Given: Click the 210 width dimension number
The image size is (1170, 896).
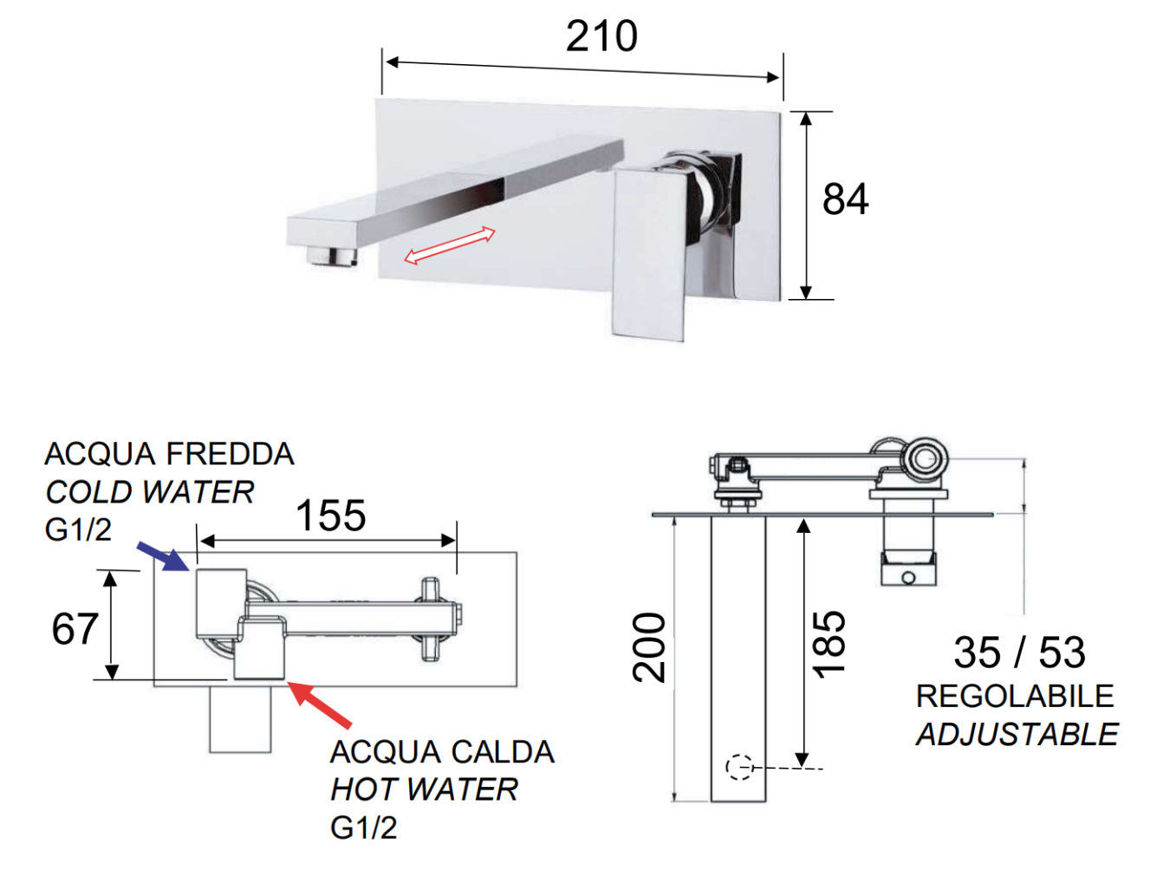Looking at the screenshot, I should click(601, 36).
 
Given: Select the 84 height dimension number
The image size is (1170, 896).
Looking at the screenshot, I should click(845, 199).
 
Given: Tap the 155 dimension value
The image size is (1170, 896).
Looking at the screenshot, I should click(331, 516).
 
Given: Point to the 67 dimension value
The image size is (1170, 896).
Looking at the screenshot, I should click(75, 629).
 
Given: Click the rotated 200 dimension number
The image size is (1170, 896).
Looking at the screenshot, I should click(649, 647).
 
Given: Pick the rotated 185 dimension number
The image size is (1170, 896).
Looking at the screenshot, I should click(829, 644).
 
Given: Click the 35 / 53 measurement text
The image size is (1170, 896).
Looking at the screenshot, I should click(1019, 653).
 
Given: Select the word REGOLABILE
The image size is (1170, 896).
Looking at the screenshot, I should click(1015, 696).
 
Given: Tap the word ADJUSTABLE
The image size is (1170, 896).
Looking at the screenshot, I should click(1017, 735).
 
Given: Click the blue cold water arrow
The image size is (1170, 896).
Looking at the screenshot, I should click(163, 555).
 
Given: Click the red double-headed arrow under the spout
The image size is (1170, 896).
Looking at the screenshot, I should click(450, 246).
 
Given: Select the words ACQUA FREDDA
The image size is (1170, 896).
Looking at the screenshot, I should click(170, 454).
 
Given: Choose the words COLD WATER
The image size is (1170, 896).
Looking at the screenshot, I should click(150, 492).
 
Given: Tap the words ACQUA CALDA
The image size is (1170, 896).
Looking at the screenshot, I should click(442, 752).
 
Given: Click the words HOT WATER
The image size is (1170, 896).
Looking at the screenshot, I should click(424, 789).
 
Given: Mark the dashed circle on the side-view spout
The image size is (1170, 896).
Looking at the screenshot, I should click(738, 767).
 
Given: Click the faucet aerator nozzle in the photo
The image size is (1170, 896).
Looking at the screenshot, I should click(334, 256).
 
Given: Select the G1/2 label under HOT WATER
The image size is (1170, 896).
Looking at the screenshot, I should click(363, 828).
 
